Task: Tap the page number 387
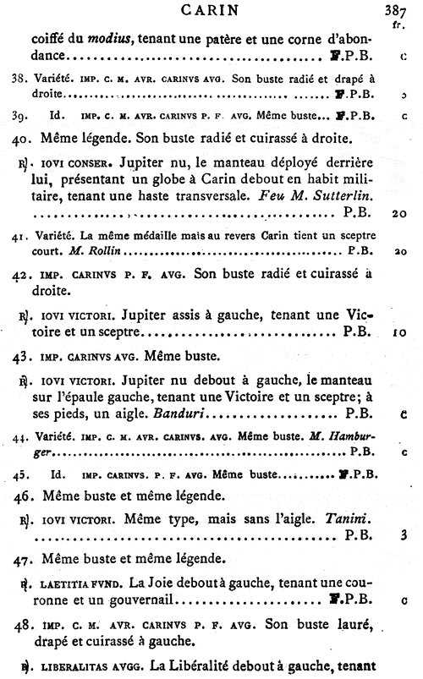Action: point(408,11)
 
